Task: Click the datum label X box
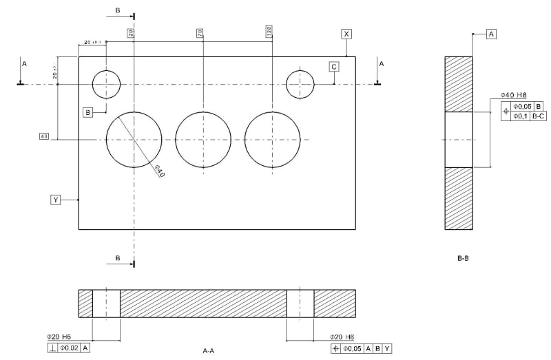click(346, 34)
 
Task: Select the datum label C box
click(334, 66)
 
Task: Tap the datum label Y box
click(56, 200)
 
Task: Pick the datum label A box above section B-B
click(491, 33)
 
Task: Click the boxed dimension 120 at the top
click(268, 32)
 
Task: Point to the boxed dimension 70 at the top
click(199, 32)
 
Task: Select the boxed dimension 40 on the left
click(44, 136)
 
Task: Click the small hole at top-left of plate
click(106, 84)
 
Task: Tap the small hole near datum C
click(300, 84)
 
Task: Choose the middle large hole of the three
click(203, 140)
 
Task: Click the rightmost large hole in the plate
click(272, 140)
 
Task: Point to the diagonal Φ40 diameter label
click(158, 171)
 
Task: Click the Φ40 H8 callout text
click(513, 95)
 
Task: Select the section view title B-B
click(463, 259)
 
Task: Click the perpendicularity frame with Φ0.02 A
click(69, 348)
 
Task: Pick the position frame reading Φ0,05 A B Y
click(361, 348)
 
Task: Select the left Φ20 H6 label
click(59, 337)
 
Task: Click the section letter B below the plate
click(118, 257)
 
